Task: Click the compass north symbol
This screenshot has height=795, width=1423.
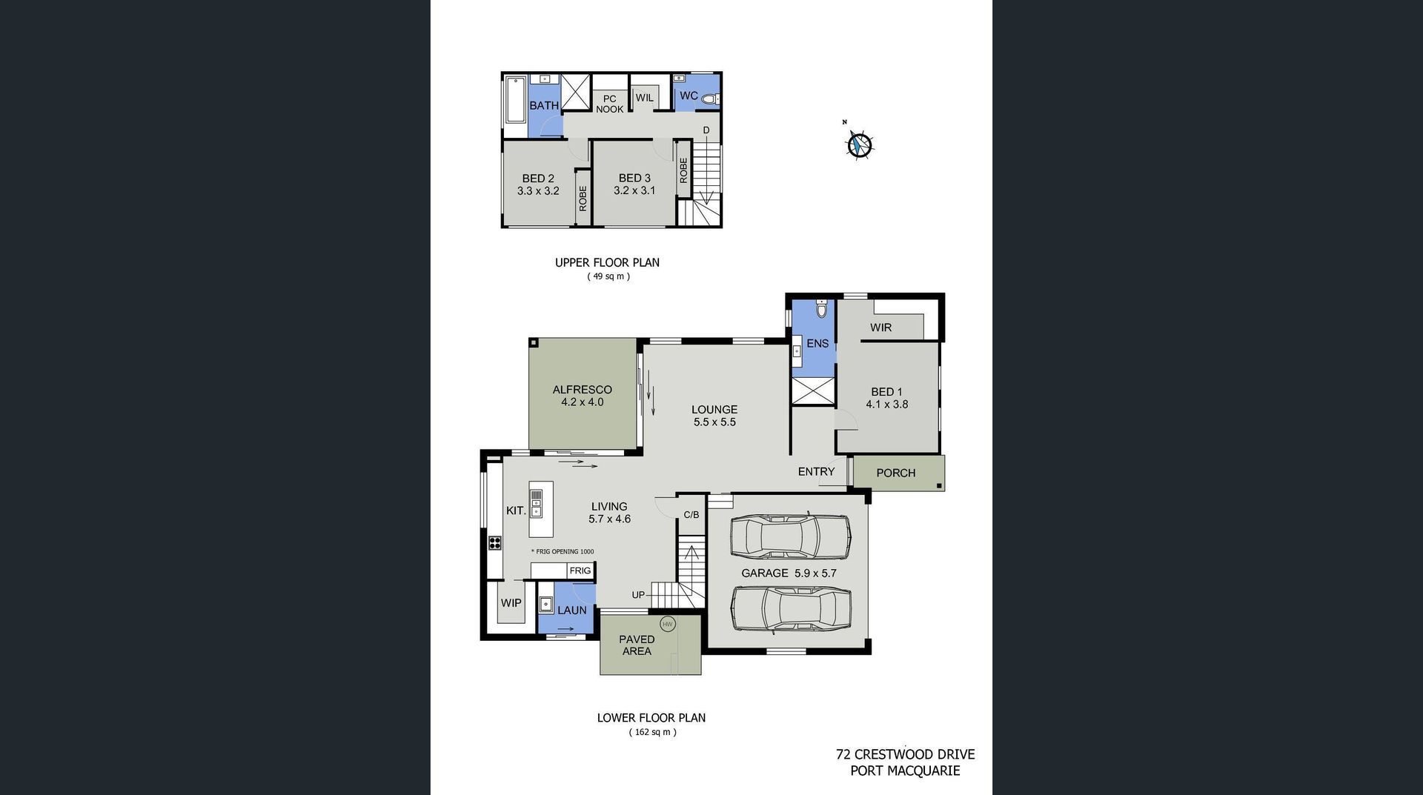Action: [x=860, y=144]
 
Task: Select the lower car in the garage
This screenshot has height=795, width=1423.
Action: [x=792, y=609]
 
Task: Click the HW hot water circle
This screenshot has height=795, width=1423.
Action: [x=668, y=625]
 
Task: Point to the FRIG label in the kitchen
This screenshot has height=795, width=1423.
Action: [x=580, y=571]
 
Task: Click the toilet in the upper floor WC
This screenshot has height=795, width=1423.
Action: [x=710, y=99]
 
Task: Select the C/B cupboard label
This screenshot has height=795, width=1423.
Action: [x=691, y=514]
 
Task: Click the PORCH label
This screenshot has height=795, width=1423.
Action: [x=895, y=473]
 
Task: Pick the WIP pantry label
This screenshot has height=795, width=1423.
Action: [x=511, y=603]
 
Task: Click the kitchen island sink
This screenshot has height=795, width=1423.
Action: [x=536, y=503]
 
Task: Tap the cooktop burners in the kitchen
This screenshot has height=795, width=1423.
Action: [x=494, y=543]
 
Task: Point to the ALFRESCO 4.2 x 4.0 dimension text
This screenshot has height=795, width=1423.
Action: [x=583, y=402]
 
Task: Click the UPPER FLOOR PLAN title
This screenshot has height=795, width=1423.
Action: [x=607, y=262]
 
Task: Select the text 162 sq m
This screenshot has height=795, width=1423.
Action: [x=653, y=732]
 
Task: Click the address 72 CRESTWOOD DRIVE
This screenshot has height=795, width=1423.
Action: [x=906, y=755]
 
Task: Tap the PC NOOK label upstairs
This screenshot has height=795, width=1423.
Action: [x=610, y=104]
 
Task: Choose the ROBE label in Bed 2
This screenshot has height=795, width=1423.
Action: [x=583, y=199]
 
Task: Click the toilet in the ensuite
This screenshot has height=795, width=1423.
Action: [x=820, y=310]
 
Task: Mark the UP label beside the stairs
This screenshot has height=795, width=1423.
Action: [x=638, y=595]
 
